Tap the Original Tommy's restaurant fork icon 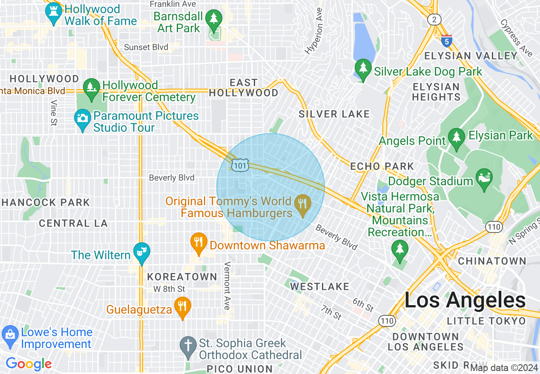[x=302, y=204]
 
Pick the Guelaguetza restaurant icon [x=183, y=307]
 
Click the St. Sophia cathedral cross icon [x=188, y=346]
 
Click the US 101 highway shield [x=241, y=165]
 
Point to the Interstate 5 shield [x=446, y=41]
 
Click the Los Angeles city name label [x=465, y=300]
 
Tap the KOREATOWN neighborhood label [x=182, y=277]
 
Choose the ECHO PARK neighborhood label [x=382, y=166]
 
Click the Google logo [x=29, y=364]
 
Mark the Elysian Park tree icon [x=457, y=138]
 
